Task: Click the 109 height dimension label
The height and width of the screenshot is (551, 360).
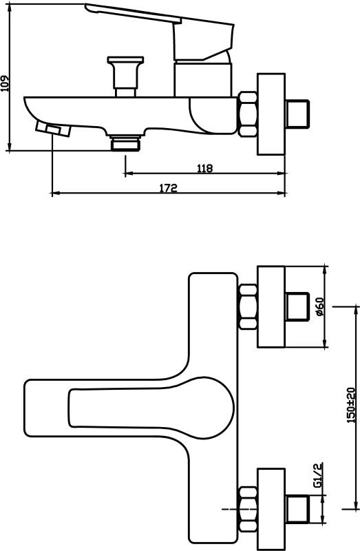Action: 5,83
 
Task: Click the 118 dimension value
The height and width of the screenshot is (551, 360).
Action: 204,168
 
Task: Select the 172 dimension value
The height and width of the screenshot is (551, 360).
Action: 169,188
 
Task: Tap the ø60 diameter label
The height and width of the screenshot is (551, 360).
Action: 320,306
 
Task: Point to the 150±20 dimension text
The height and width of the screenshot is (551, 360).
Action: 351,405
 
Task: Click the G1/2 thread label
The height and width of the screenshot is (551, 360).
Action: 317,475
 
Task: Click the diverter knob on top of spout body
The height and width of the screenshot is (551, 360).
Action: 126,76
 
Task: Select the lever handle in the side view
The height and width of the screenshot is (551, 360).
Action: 160,32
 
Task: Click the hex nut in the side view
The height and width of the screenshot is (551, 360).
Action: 248,114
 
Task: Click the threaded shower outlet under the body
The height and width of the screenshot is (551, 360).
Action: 125,143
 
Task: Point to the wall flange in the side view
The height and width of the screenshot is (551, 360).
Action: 271,114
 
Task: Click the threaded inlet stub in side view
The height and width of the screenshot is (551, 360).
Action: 297,114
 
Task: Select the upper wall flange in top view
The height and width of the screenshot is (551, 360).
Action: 271,306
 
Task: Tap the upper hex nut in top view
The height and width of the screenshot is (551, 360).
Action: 248,306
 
